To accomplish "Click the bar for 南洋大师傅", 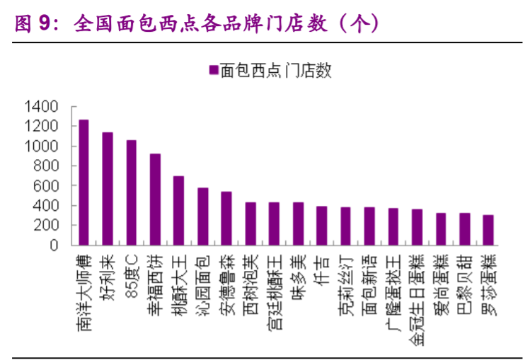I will [83, 182].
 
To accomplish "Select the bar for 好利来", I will [108, 189].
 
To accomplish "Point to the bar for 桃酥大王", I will [179, 211].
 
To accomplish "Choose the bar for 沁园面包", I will [202, 216].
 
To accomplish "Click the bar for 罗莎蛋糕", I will [488, 231].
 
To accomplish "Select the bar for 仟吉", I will [322, 226].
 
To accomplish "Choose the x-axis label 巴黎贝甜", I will [465, 279].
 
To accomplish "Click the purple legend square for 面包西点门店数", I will [212, 69].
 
